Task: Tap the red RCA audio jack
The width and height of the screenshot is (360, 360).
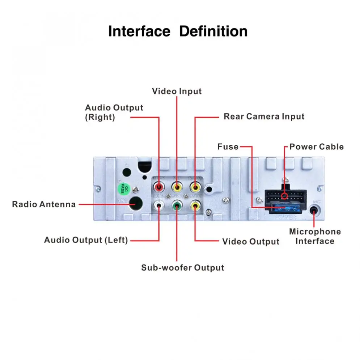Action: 159,187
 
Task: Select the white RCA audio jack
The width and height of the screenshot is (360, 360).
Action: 159,206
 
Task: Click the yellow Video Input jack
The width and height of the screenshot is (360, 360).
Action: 177,187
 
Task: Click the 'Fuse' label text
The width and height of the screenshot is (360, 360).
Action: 228,147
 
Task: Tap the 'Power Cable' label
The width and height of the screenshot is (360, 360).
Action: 316,147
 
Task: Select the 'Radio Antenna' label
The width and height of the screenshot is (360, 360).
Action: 44,204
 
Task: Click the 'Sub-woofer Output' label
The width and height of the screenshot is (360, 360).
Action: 182,268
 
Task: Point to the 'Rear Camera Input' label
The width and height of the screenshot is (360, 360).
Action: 264,117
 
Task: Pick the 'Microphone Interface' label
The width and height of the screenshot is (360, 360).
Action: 315,236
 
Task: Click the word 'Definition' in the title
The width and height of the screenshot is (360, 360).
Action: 213,31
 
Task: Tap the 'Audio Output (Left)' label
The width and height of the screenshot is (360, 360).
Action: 86,240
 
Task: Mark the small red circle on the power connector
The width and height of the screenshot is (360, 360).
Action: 285,196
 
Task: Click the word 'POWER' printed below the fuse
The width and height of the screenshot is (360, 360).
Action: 285,217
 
